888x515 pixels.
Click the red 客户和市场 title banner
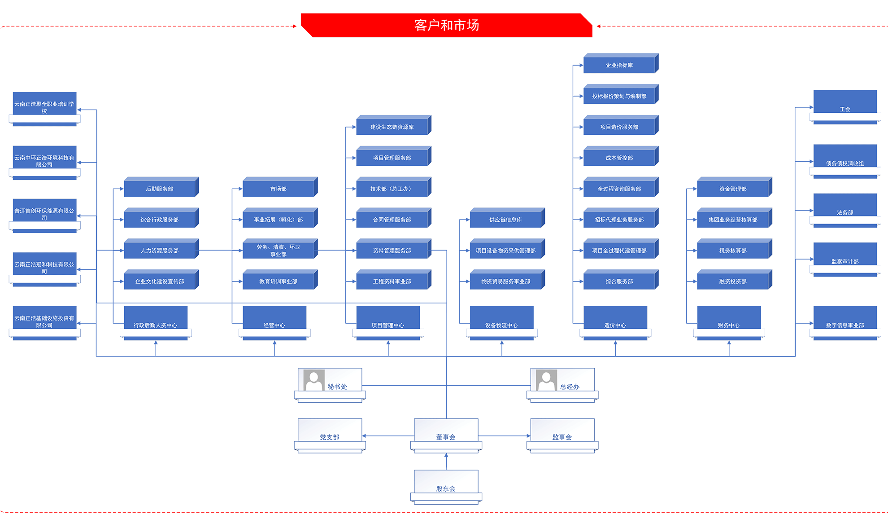pos(446,25)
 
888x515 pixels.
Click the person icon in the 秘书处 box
pos(314,380)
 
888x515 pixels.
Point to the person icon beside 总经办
pos(546,380)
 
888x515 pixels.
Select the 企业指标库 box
pos(619,65)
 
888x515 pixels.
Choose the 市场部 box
pos(279,189)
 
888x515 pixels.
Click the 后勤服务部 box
pos(160,189)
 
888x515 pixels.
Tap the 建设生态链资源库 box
pos(392,127)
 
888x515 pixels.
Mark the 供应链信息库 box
pos(505,220)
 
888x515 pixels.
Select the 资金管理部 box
pos(733,189)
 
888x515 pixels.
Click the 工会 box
pos(845,106)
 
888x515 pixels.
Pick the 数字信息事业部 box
pos(845,322)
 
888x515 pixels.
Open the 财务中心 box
pos(729,322)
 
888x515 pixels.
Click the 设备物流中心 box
pos(501,322)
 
